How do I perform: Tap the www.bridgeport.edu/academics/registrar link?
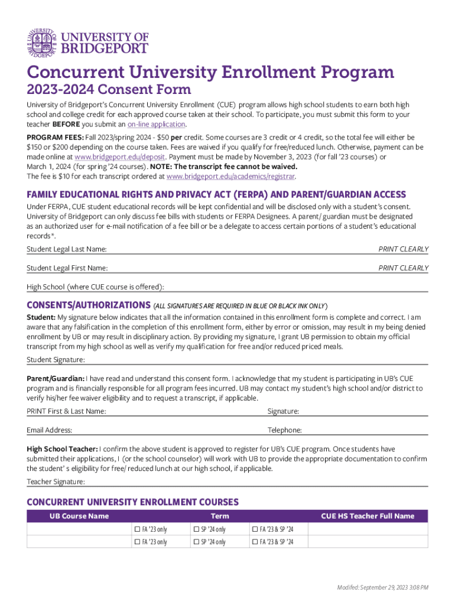tap(230, 176)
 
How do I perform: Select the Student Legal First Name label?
tap(67, 268)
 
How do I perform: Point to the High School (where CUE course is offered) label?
tap(95, 287)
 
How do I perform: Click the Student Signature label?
tap(56, 360)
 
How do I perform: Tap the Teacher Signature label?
tap(56, 482)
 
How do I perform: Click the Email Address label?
tap(49, 430)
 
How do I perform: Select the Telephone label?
tap(284, 430)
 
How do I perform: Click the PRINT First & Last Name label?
tap(66, 411)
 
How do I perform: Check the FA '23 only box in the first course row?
tap(137, 529)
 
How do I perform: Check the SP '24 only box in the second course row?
tap(196, 542)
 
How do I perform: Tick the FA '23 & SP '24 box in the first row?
tap(255, 529)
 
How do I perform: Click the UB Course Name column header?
tap(79, 516)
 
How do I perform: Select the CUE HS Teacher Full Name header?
tap(368, 516)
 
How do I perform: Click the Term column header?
tap(220, 516)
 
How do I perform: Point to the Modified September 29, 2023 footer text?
tap(382, 587)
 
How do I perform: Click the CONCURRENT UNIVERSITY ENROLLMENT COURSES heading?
tap(132, 502)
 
